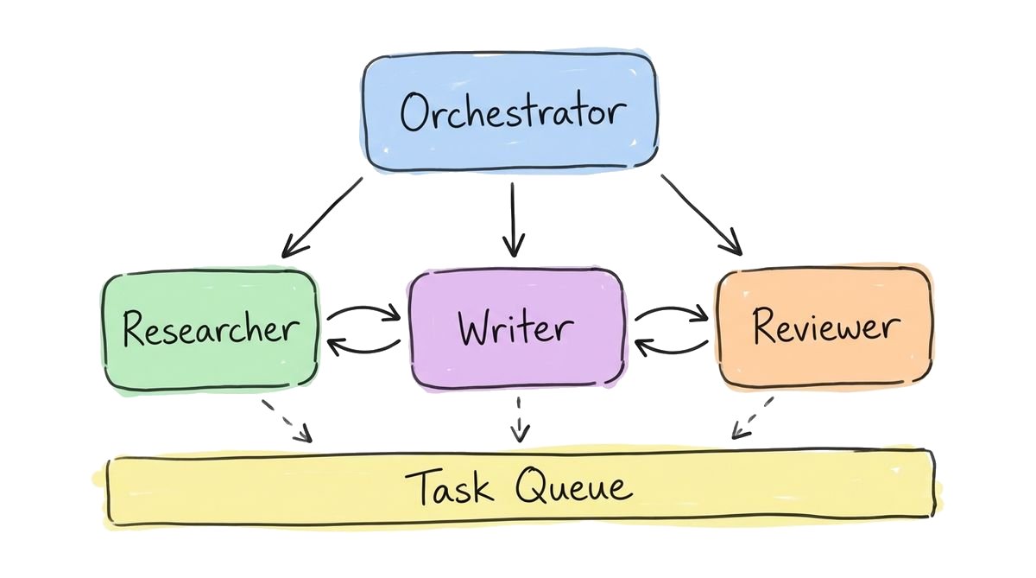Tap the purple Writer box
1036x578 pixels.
(x=516, y=328)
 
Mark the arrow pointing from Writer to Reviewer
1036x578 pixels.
(x=672, y=310)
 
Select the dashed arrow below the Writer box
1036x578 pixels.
(x=518, y=419)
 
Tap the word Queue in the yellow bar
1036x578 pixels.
(x=573, y=487)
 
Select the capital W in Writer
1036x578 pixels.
(x=477, y=327)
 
